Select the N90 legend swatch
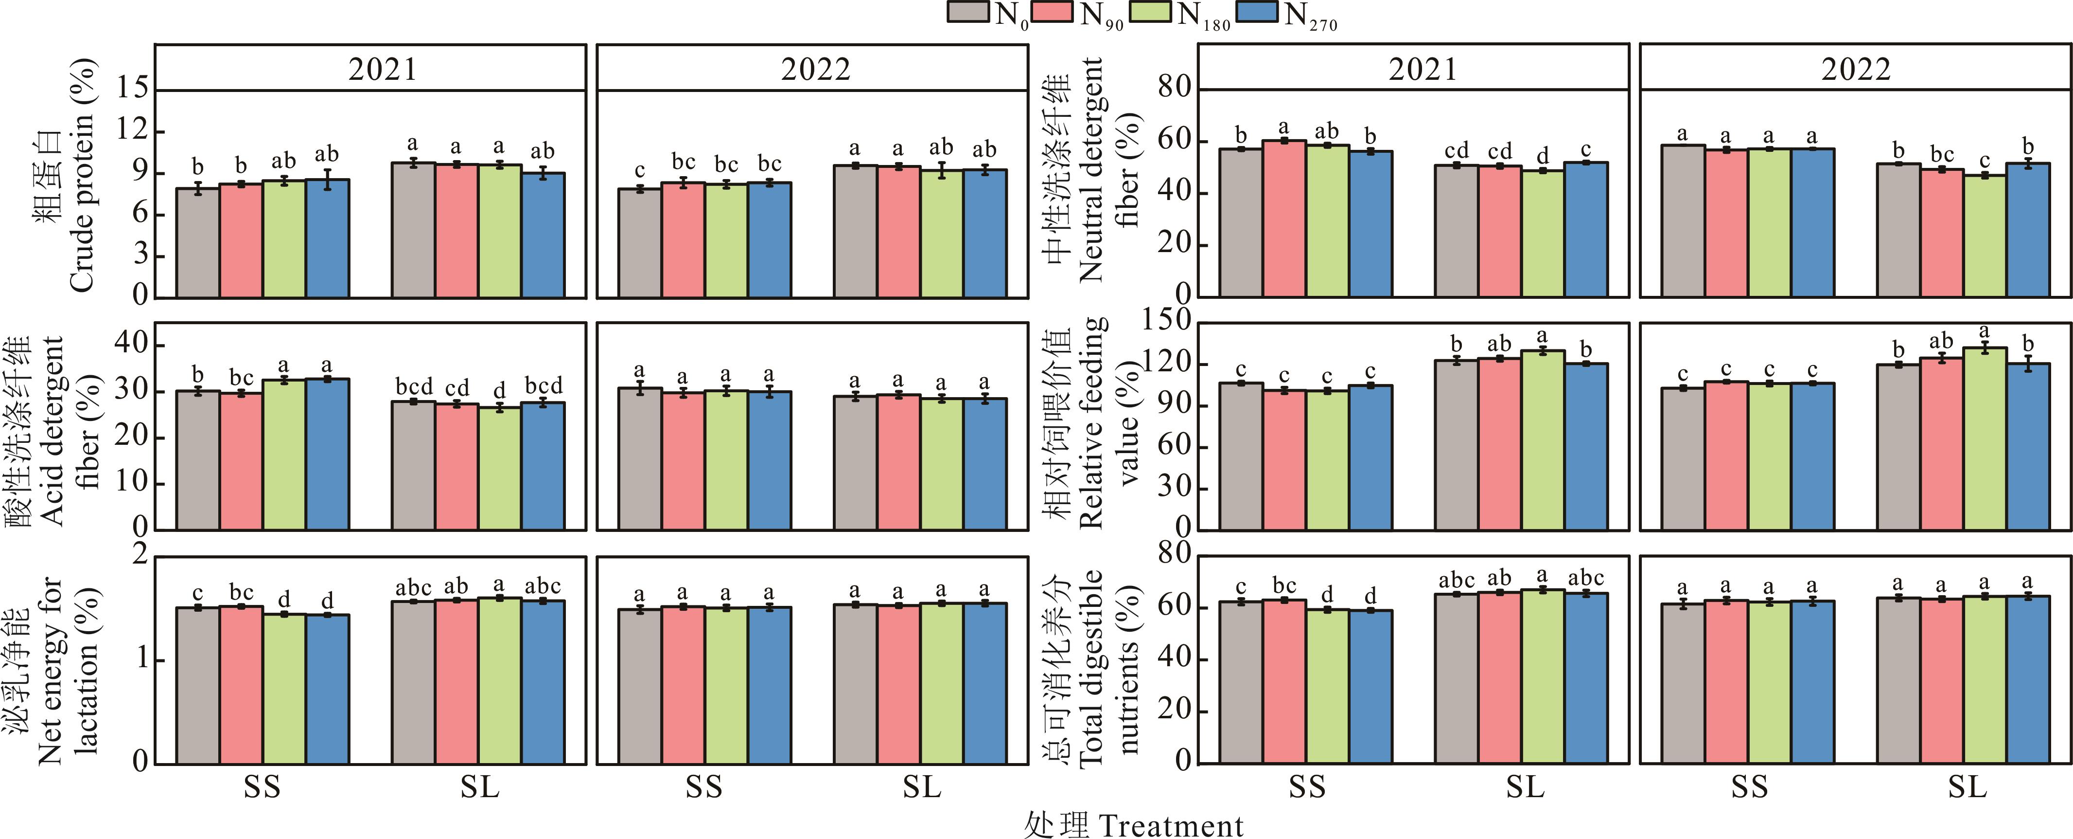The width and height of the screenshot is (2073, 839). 1053,12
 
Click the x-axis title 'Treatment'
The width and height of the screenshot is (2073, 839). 1170,825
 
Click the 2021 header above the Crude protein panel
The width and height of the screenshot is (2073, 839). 382,69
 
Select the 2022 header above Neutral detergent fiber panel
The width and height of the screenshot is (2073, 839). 1856,69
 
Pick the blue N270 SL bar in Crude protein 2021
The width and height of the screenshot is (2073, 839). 543,234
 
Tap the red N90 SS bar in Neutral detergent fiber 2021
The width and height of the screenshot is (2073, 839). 1284,218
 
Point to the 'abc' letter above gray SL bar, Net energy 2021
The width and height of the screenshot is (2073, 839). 414,588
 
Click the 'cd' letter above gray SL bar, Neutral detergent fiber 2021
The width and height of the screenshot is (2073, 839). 1457,150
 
